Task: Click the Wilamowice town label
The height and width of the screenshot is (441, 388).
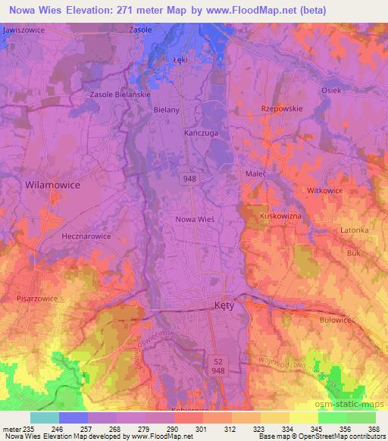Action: pos(52,184)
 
